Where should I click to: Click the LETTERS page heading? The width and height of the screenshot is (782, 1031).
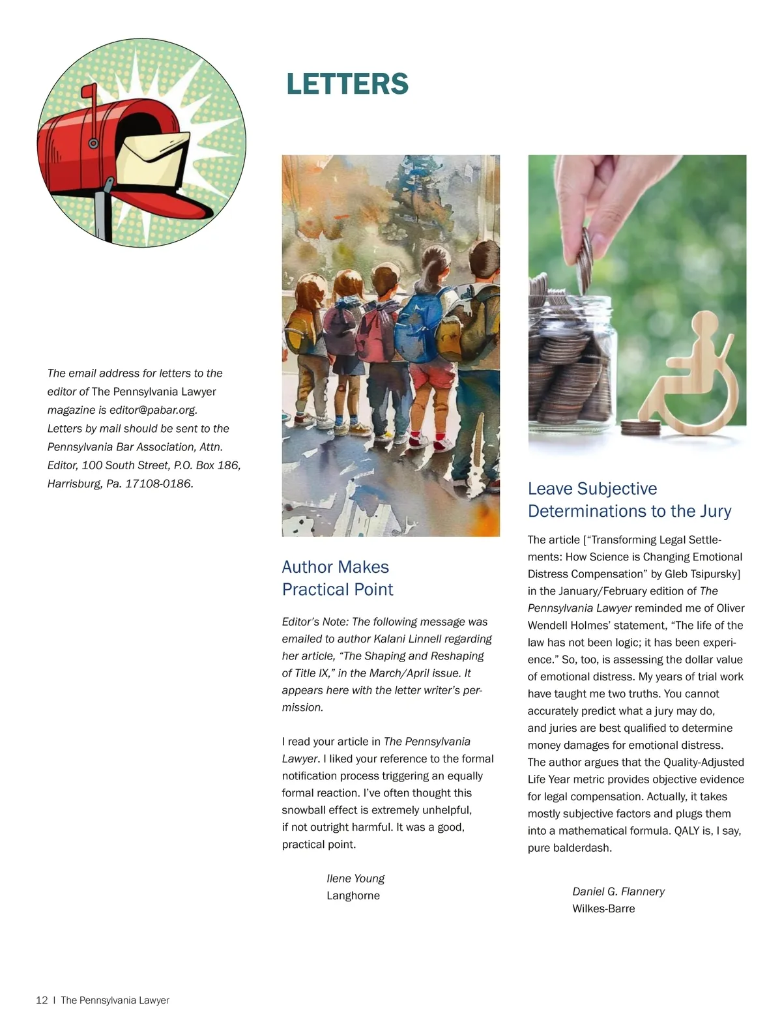tap(347, 84)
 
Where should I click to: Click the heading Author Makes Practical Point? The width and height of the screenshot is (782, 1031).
tap(337, 578)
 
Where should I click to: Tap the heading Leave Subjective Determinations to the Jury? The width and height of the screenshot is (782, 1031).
tap(629, 500)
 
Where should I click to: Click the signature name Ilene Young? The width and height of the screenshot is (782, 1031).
tap(355, 879)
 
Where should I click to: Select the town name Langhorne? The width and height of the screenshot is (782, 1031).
tap(353, 895)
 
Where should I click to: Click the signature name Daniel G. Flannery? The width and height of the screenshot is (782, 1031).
tap(618, 892)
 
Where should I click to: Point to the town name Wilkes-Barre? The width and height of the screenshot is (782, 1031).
tap(603, 908)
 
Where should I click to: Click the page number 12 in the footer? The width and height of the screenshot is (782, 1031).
tap(42, 1000)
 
